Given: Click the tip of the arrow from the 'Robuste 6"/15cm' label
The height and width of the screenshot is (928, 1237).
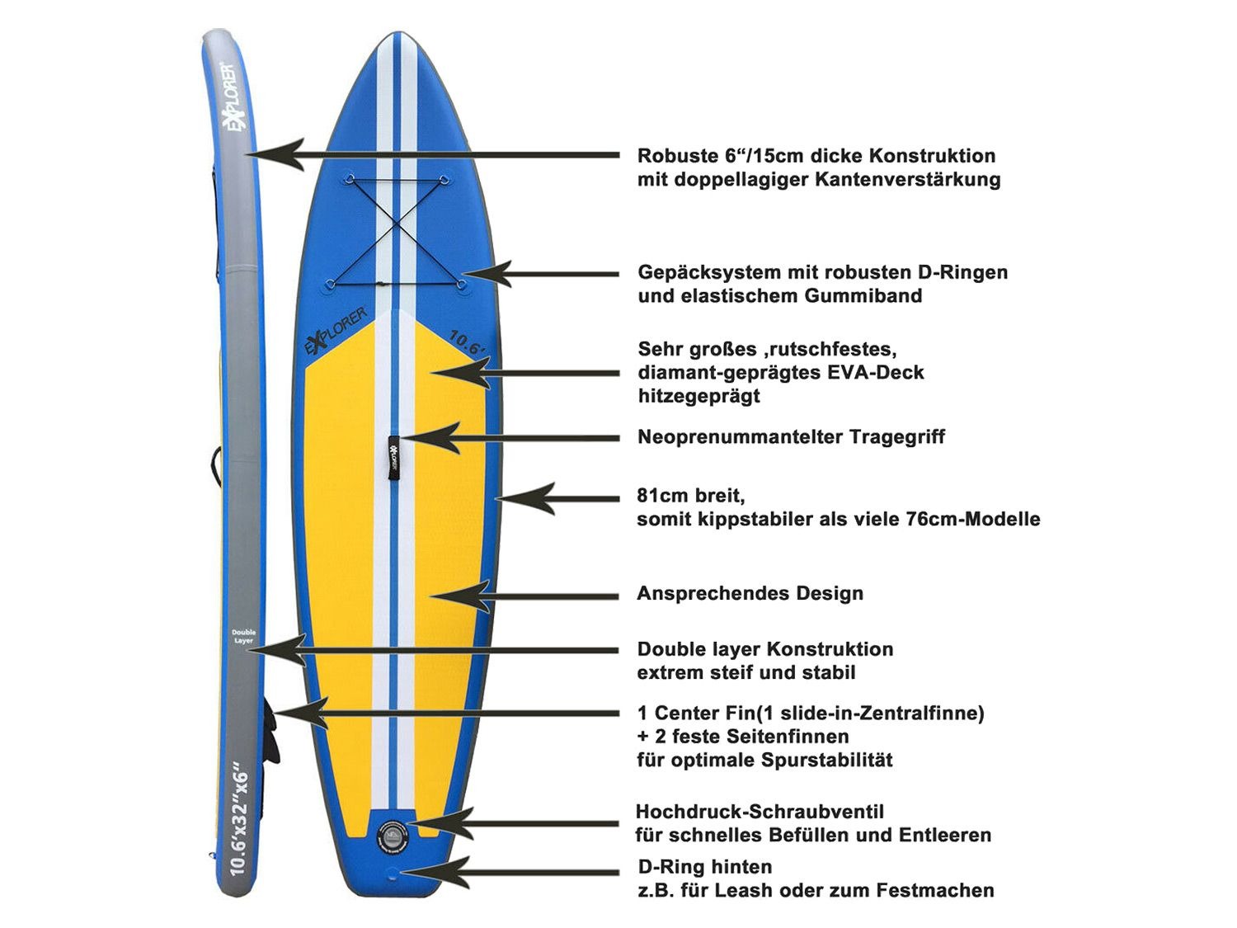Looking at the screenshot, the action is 245,153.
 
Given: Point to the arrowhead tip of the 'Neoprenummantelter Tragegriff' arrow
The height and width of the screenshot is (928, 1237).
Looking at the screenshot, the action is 398,438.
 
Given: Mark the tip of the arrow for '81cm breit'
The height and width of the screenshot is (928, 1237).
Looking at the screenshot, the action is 496,498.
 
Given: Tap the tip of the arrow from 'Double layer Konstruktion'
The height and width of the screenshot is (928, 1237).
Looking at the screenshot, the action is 248,650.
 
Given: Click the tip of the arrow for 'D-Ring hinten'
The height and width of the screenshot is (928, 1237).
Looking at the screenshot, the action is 399,872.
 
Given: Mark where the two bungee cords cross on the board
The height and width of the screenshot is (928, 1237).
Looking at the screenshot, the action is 397,224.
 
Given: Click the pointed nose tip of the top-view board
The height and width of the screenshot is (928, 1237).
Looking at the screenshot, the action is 399,32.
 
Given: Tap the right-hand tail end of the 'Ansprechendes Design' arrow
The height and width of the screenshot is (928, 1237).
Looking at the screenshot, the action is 618,596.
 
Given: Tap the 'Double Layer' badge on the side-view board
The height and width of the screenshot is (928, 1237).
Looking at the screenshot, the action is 243,636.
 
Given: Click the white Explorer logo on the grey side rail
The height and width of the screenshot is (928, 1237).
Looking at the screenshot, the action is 233,97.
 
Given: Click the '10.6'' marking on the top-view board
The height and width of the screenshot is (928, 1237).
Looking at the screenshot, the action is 466,342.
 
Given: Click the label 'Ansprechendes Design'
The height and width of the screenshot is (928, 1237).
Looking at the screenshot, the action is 750,593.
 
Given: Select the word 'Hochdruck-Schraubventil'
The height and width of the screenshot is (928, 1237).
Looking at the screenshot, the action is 760,812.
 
